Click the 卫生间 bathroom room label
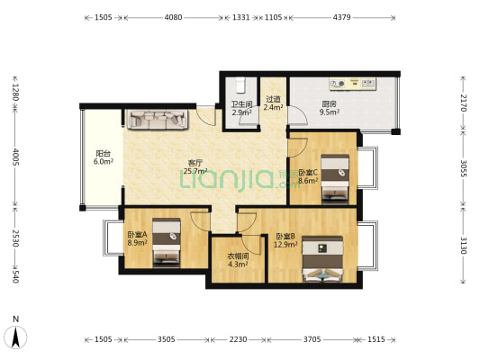pos(241,104)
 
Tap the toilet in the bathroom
pos(240,85)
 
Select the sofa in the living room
pos(157,120)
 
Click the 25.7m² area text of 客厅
pos(195,171)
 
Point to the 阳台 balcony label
pos(104,153)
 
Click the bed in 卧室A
pos(167,241)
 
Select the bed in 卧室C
pos(335,178)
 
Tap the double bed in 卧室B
pos(322,258)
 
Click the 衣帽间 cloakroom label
pos(238,256)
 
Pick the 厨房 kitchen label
pos(329,104)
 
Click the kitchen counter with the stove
pos(353,84)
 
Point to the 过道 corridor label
pos(273,99)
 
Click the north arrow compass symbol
pos(16,337)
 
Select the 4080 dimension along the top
pos(173,17)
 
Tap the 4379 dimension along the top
pos(341,17)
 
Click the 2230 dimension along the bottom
pos(238,339)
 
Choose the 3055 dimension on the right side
pos(463,168)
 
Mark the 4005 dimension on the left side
pos(15,157)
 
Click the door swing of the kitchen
pos(297,115)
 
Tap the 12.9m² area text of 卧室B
pos(285,245)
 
